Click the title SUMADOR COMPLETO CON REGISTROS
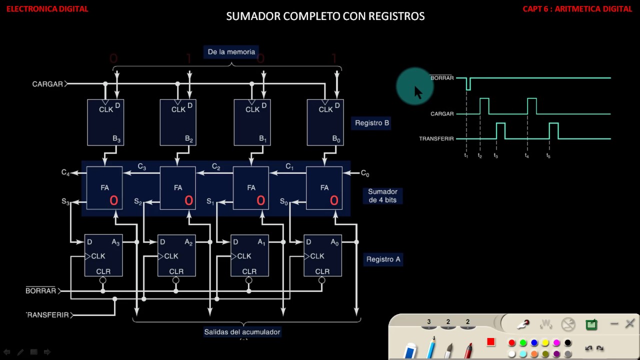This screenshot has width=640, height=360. point(325,16)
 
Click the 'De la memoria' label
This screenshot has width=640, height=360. point(231,52)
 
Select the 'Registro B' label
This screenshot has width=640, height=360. point(371,123)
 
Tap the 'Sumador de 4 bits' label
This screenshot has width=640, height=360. point(382,195)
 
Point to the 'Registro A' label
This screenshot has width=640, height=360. point(383,259)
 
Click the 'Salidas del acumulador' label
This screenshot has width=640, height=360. point(242,332)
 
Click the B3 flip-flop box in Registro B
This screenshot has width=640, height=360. point(105,122)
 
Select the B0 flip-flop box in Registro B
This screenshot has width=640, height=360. point(325,122)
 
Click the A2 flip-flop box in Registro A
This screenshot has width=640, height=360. point(176,255)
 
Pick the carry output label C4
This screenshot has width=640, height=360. point(65,172)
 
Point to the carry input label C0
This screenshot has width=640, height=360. point(365,173)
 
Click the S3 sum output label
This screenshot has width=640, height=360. point(65,201)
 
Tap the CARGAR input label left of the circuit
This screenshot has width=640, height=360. point(47,84)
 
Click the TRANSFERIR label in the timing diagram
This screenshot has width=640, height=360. point(436,138)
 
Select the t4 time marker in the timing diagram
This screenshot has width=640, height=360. point(527,156)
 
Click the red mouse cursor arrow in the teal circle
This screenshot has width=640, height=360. point(418,92)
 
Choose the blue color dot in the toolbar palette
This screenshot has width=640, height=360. point(534,343)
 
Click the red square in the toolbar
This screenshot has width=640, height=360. point(491,342)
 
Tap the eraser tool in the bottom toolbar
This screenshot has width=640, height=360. point(410,350)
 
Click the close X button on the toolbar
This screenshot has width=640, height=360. point(629,324)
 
